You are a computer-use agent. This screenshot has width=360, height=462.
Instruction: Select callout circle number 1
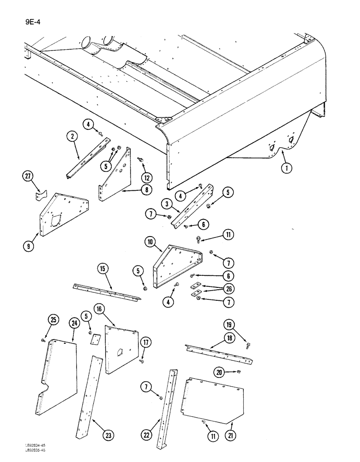point(287,169)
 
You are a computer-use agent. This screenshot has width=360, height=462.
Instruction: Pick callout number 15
point(103,268)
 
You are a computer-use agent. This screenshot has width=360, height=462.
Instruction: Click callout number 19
point(231,323)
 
